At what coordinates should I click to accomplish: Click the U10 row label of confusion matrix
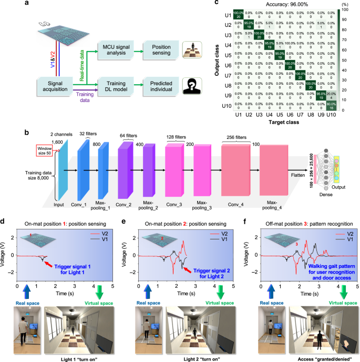pyautogui.click(x=228, y=106)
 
